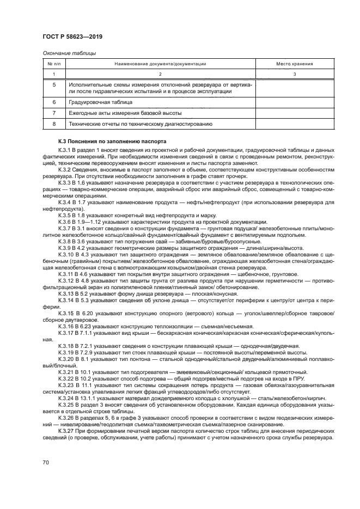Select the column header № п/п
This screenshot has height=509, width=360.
point(54,64)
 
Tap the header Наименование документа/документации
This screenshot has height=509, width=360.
point(160,64)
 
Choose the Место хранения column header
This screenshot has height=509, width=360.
point(294,64)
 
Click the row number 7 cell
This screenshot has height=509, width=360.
point(54,113)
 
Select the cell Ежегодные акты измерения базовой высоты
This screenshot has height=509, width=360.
point(125,113)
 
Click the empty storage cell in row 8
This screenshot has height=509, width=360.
point(294,124)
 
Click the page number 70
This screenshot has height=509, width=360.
point(46,462)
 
